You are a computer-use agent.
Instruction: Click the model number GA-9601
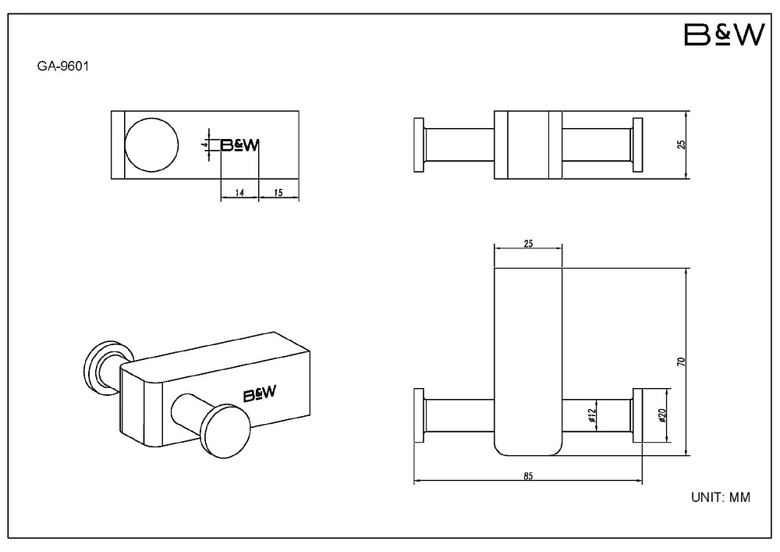pyautogui.click(x=63, y=66)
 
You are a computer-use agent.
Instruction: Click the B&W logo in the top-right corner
pyautogui.click(x=724, y=35)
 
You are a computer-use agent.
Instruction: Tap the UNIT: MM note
pyautogui.click(x=721, y=497)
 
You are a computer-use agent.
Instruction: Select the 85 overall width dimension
pyautogui.click(x=528, y=476)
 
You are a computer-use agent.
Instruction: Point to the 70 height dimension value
pyautogui.click(x=682, y=361)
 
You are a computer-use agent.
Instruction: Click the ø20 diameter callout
pyautogui.click(x=662, y=415)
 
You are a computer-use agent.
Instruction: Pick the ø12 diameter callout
pyautogui.click(x=591, y=415)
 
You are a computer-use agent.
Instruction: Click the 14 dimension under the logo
pyautogui.click(x=239, y=193)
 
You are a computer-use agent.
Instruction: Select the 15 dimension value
pyautogui.click(x=278, y=193)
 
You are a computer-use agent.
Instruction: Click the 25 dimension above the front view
pyautogui.click(x=528, y=244)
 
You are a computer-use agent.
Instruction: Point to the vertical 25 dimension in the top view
pyautogui.click(x=682, y=144)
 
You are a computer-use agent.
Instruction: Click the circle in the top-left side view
pyautogui.click(x=151, y=145)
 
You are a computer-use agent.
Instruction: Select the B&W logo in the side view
pyautogui.click(x=239, y=145)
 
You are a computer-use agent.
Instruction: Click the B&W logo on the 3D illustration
pyautogui.click(x=260, y=394)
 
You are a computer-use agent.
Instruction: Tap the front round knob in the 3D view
pyautogui.click(x=225, y=431)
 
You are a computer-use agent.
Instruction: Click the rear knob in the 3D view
pyautogui.click(x=104, y=369)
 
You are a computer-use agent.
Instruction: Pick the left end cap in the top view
pyautogui.click(x=419, y=145)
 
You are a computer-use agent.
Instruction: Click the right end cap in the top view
pyautogui.click(x=637, y=145)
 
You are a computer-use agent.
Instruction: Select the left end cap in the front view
pyautogui.click(x=419, y=415)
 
